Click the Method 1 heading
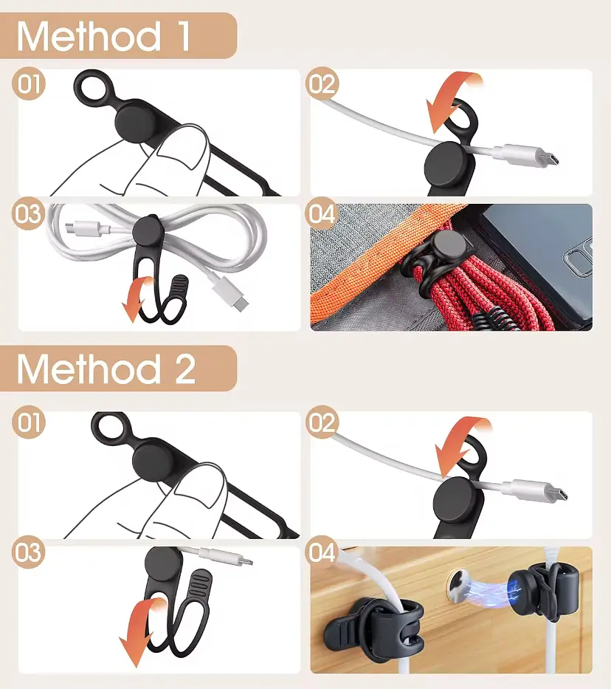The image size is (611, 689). [x=103, y=36]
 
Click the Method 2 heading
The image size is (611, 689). [x=106, y=369]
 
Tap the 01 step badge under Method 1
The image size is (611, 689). [x=29, y=83]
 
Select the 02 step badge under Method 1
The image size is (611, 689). [x=322, y=83]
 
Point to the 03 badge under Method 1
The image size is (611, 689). [x=29, y=213]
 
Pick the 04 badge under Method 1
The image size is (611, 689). [x=322, y=213]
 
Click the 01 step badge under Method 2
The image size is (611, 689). [x=29, y=422]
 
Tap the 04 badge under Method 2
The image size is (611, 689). [x=322, y=552]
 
